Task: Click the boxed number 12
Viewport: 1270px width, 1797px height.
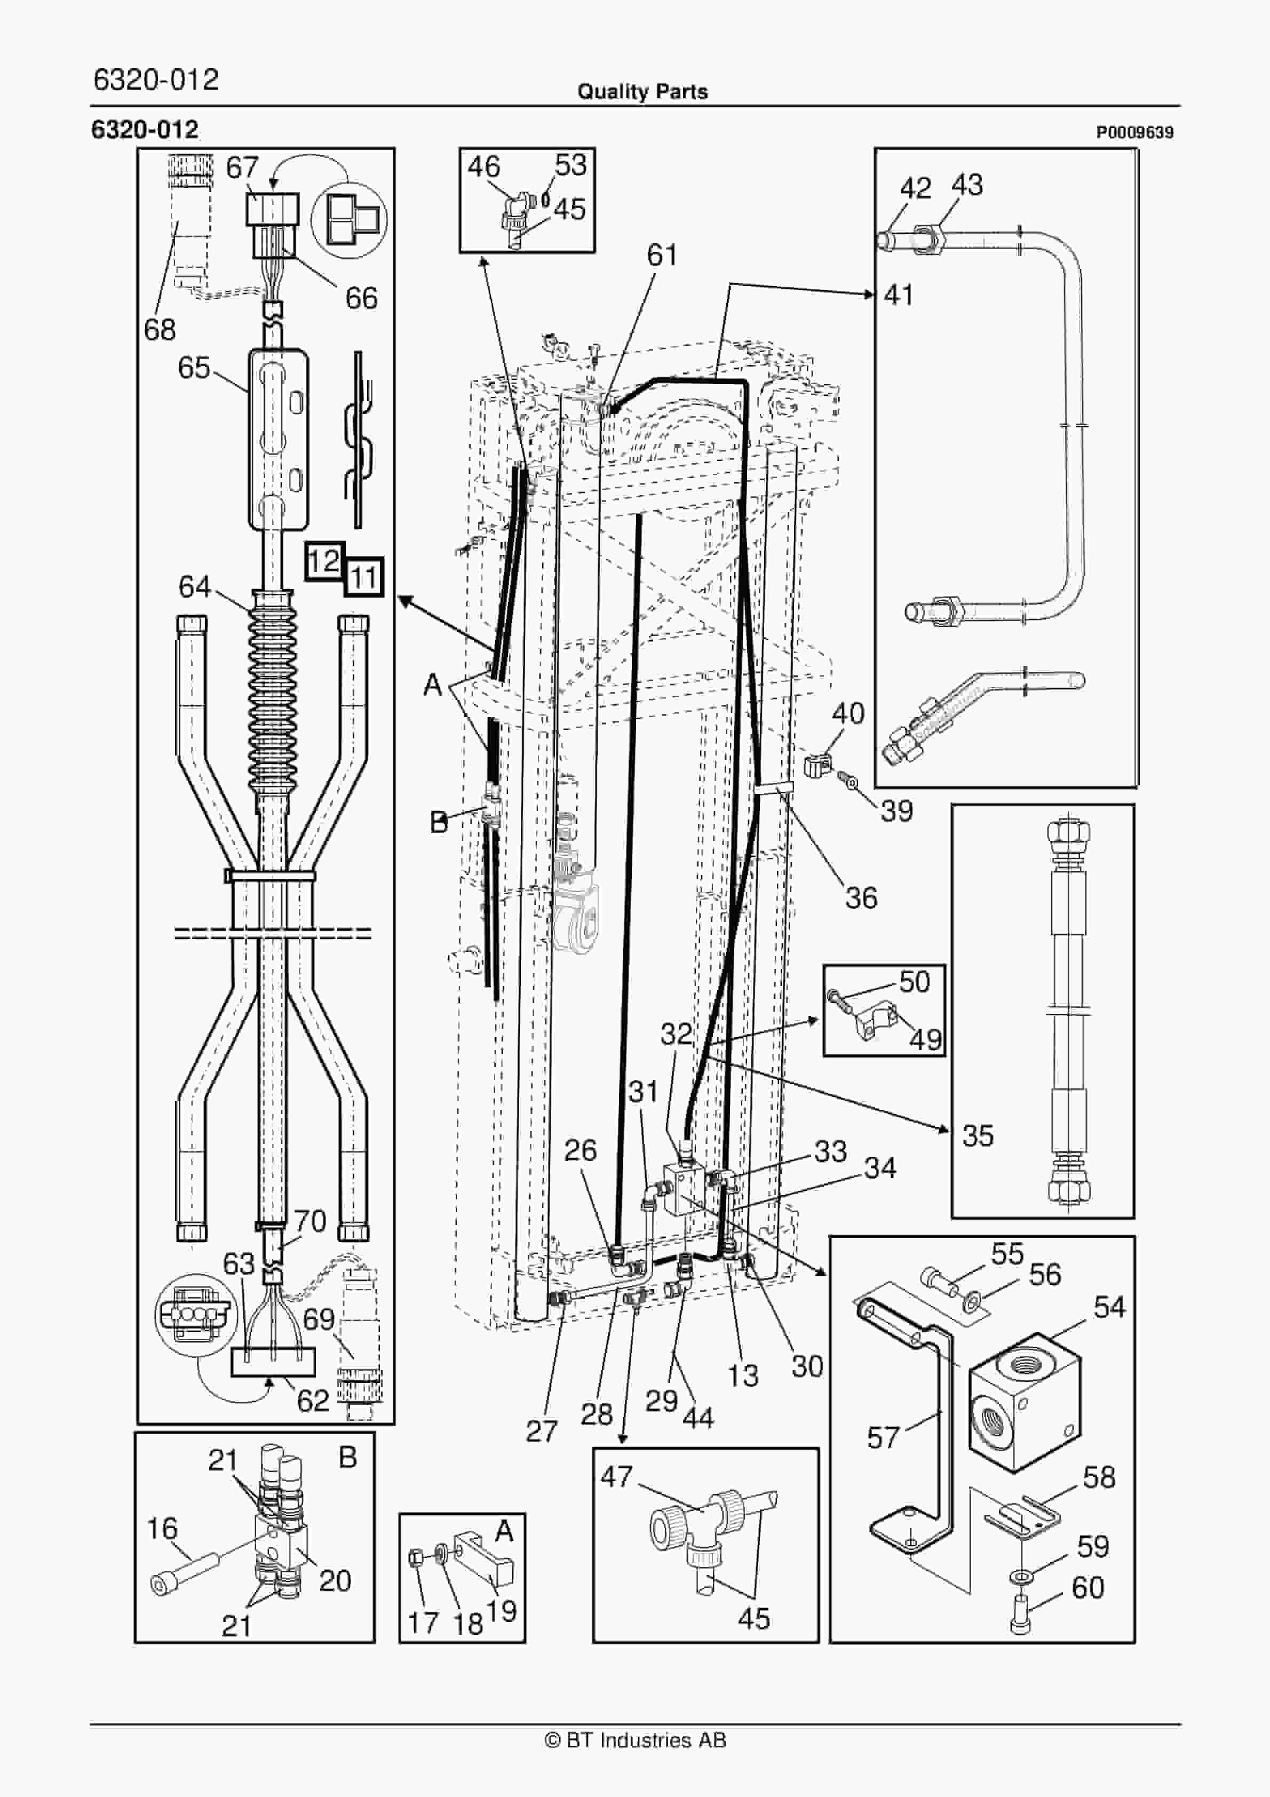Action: tap(323, 560)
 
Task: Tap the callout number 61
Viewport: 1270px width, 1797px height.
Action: tap(662, 255)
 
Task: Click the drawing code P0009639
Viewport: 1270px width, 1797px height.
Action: tap(1134, 133)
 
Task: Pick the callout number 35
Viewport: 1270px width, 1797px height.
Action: tap(977, 1135)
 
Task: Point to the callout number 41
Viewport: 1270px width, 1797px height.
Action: tap(898, 295)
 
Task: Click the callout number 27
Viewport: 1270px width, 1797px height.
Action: tap(541, 1432)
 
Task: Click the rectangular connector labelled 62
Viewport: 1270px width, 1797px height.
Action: tap(273, 1363)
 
